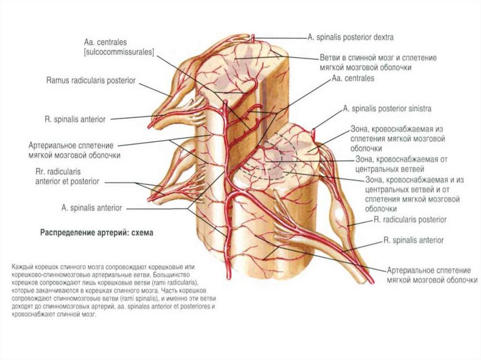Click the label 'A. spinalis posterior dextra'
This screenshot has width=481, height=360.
pos(350,37)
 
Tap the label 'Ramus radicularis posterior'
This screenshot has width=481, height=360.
pos(91,81)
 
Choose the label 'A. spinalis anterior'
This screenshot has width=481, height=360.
pos(92,207)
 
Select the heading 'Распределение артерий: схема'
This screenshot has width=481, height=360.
pos(97,233)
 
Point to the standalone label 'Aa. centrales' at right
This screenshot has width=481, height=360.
pos(353,78)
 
